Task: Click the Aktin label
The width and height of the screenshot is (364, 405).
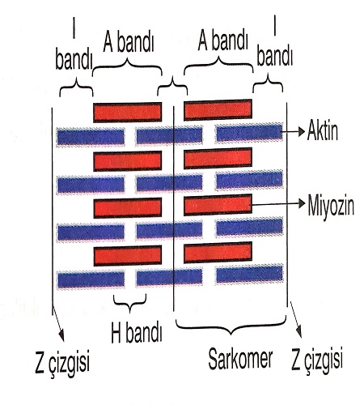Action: pos(322,130)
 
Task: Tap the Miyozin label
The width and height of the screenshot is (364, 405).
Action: pos(331,206)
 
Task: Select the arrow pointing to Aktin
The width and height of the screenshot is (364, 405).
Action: pos(294,132)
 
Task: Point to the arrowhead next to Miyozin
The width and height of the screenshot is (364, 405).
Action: pos(302,203)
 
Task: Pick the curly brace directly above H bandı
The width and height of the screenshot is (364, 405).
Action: pos(130,303)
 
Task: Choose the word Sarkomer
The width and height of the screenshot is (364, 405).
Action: pos(240,359)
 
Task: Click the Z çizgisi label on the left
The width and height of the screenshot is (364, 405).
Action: pos(62,363)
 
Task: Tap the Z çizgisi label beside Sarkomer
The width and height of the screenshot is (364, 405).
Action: pos(317,360)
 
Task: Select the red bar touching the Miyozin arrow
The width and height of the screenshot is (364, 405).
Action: pos(218,205)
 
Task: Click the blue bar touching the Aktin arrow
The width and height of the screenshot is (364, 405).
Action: pos(249,132)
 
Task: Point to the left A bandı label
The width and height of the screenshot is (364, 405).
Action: pos(129,43)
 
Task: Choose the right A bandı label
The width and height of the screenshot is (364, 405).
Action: pos(222,40)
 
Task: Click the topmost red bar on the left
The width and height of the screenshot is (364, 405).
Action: pos(128,112)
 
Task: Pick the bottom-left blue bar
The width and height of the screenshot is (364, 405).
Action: pos(91,279)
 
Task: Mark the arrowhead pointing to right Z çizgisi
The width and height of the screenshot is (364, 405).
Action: pos(298,332)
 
